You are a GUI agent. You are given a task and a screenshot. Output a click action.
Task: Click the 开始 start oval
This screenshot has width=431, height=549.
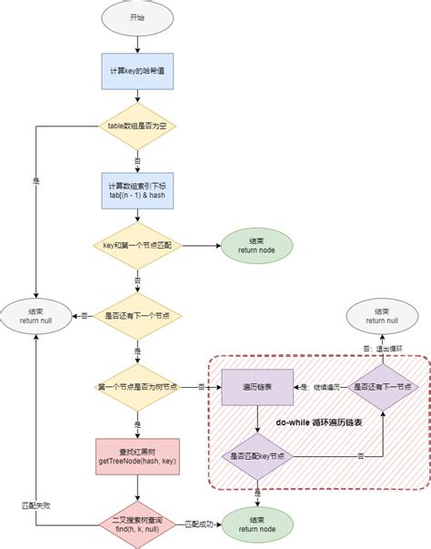[x=136, y=18]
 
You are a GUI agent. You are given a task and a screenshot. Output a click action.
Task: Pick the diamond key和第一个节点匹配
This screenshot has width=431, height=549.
[x=136, y=246]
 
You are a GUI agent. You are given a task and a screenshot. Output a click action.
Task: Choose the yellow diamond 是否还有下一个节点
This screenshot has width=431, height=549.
[x=136, y=316]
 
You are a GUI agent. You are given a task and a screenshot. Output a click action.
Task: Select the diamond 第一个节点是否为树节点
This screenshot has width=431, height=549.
[x=136, y=387]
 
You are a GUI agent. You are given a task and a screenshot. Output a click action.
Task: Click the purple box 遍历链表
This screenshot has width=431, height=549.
[x=258, y=387]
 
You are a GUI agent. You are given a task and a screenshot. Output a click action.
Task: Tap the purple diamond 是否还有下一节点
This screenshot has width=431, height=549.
[x=382, y=387]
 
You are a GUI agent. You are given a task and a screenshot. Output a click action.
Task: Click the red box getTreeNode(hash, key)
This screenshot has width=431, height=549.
[x=136, y=458]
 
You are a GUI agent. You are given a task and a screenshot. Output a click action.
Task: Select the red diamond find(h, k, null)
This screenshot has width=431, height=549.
[x=136, y=525]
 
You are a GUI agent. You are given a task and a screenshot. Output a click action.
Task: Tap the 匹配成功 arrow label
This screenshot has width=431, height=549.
[x=197, y=525]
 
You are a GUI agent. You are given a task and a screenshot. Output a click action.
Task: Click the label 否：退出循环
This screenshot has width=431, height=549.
[x=381, y=348]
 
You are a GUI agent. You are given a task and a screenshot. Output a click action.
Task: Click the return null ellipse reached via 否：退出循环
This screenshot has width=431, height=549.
[x=381, y=316]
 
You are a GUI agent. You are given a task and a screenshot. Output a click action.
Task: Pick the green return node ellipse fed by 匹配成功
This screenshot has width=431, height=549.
[x=258, y=525]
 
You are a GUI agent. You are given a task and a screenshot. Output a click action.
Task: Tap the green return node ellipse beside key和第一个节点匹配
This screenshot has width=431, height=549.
[x=258, y=246]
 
